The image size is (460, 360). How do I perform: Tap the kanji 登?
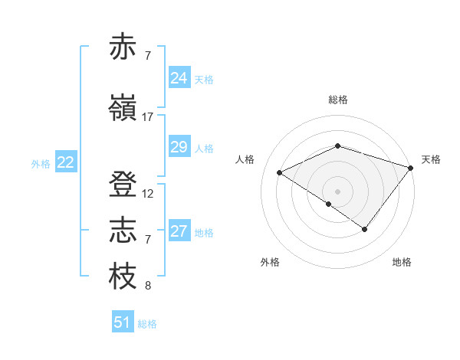point(123,185)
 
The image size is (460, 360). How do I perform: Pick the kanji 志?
point(123,231)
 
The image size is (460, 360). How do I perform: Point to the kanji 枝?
point(123,277)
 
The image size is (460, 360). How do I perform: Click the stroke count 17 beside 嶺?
point(148,117)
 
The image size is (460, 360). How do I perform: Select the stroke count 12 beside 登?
point(148,194)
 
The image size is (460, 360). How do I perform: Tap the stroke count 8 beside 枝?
point(148,286)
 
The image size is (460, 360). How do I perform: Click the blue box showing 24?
point(179,78)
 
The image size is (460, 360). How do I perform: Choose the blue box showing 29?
point(179,147)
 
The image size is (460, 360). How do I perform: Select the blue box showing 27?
point(179,231)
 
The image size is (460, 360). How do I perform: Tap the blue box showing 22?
point(66,162)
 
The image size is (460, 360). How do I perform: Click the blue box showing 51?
point(123,322)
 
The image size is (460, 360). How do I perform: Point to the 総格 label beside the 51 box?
point(147,324)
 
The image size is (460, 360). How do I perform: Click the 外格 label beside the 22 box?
point(41,163)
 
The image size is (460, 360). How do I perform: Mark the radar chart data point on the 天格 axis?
point(411,167)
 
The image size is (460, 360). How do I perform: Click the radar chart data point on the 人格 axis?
point(280,173)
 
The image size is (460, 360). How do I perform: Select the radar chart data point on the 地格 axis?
point(365,229)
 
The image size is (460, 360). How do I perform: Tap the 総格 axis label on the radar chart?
point(338,100)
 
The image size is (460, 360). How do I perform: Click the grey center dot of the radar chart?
point(337,191)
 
